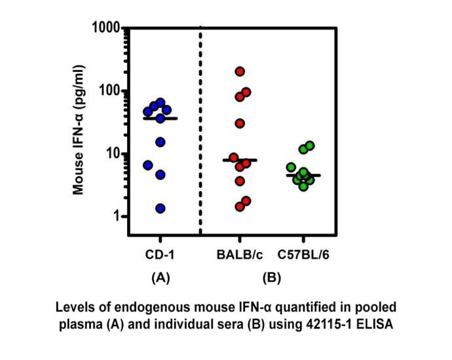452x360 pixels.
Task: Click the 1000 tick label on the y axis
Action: [102, 28]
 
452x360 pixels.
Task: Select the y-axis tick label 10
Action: [109, 153]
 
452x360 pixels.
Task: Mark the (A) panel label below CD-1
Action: [160, 278]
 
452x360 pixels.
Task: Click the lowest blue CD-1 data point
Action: [160, 208]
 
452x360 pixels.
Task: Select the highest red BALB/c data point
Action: [240, 71]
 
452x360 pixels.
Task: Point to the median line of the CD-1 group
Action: [160, 118]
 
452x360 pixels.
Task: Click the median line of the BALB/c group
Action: [240, 160]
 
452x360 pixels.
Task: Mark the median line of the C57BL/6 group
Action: [303, 175]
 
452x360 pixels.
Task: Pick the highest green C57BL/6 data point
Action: [310, 145]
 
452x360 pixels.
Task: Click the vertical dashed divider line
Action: [199, 131]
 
